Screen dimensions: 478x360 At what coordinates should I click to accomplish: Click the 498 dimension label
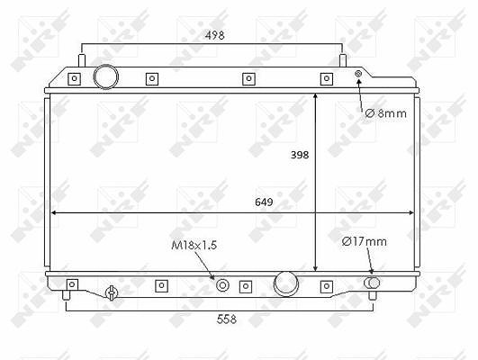coord(215,35)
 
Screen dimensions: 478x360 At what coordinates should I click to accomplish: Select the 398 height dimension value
coord(300,155)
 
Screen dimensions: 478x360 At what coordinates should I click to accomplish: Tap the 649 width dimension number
coord(264,202)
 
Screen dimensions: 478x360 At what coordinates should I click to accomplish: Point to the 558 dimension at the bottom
coord(227,319)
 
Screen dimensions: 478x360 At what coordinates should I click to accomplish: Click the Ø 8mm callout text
coord(386,113)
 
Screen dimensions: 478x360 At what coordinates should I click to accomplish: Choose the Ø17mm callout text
coord(365,241)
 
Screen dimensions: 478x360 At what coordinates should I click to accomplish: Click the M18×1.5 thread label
coord(194,245)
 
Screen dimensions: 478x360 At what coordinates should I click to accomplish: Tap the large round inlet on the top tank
coord(106,76)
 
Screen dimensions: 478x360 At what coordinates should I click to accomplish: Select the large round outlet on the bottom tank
coord(286,283)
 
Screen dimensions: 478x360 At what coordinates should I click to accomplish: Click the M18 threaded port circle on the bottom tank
coord(222,285)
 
